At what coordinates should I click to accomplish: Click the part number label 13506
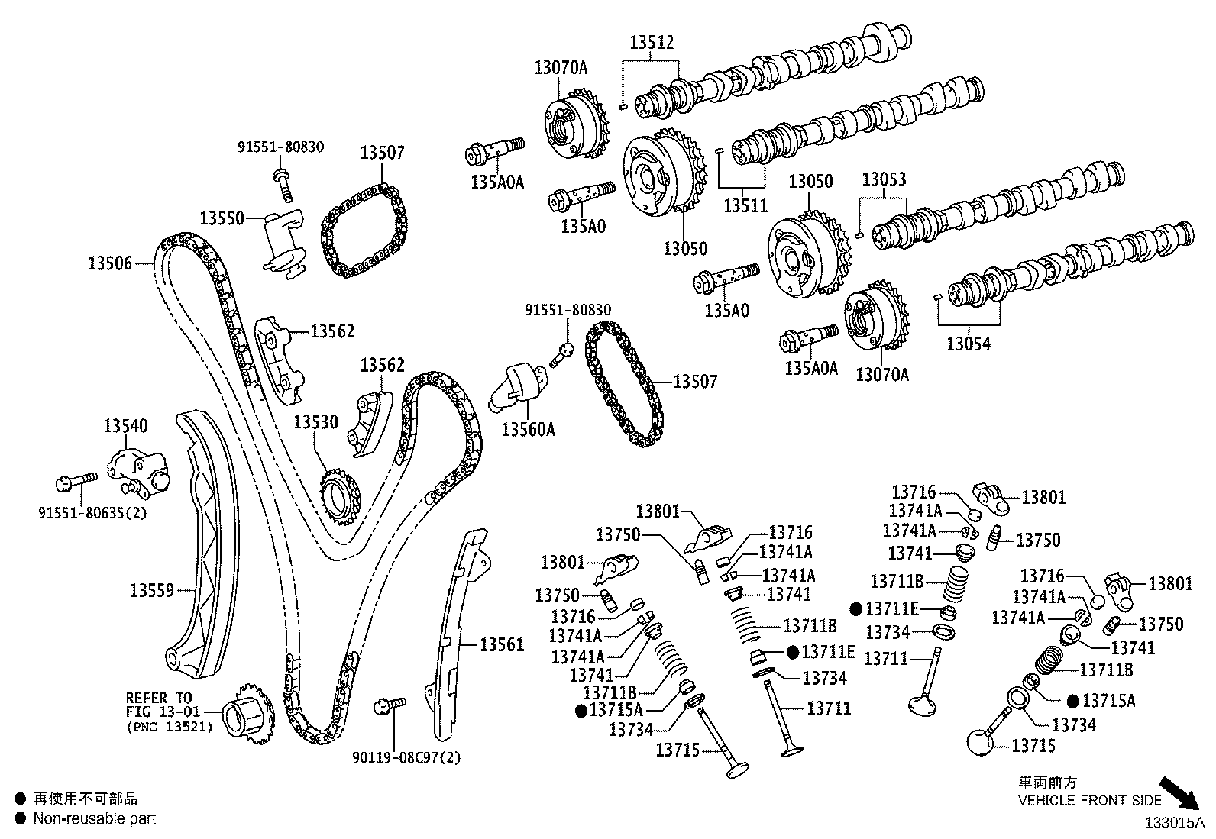(110, 264)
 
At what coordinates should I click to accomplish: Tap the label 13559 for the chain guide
(151, 590)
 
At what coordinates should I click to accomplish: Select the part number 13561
(502, 644)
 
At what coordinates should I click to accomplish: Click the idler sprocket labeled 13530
(339, 495)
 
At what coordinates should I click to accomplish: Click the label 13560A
(528, 430)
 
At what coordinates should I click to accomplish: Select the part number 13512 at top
(652, 43)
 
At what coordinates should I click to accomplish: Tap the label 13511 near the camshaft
(745, 205)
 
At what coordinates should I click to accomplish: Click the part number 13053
(884, 180)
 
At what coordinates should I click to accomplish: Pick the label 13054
(968, 344)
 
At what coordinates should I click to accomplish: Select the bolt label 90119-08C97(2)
(406, 757)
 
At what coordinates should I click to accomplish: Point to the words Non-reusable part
(94, 818)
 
